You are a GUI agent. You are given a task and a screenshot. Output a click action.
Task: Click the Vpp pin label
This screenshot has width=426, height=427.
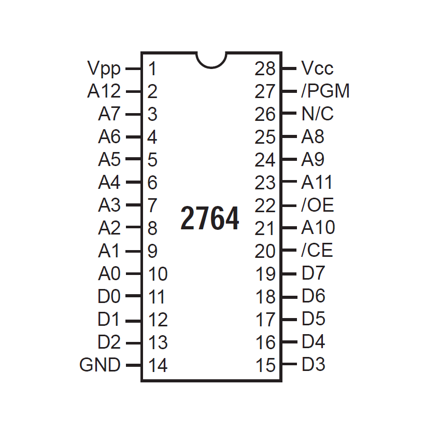click(x=104, y=68)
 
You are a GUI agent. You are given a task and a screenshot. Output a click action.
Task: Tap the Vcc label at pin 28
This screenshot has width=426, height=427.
click(x=317, y=68)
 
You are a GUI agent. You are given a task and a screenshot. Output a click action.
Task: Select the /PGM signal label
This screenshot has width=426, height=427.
click(x=325, y=91)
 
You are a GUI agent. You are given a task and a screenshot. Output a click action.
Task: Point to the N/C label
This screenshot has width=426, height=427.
click(x=317, y=113)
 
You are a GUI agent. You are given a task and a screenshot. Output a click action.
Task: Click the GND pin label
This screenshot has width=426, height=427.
click(x=100, y=365)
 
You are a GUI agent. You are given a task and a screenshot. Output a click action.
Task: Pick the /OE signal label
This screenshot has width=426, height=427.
click(x=318, y=205)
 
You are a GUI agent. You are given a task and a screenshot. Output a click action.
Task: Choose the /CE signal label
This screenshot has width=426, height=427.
click(x=317, y=250)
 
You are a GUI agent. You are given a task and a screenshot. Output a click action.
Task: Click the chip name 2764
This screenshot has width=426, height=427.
click(x=210, y=218)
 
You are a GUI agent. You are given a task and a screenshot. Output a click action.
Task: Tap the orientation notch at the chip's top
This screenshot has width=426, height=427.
click(x=211, y=60)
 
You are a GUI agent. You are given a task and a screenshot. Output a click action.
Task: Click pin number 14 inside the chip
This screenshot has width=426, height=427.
click(x=158, y=365)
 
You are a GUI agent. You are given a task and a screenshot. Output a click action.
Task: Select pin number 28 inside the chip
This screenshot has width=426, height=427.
click(x=265, y=68)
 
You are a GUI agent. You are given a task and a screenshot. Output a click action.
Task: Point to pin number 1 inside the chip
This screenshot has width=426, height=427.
click(x=152, y=68)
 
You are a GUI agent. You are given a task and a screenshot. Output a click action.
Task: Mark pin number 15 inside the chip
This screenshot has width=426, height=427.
click(x=265, y=365)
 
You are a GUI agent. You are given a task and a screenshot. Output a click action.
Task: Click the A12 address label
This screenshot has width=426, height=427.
click(x=104, y=91)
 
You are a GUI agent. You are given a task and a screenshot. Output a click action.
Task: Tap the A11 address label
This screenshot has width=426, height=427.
click(x=317, y=182)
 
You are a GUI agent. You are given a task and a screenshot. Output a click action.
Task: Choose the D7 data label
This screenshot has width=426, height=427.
click(x=313, y=272)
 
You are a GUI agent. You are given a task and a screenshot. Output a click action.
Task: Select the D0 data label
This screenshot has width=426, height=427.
click(x=109, y=296)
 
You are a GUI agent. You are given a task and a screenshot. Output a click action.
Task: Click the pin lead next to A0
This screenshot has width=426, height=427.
click(x=134, y=273)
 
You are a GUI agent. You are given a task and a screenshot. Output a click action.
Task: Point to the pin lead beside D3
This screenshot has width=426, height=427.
click(x=289, y=364)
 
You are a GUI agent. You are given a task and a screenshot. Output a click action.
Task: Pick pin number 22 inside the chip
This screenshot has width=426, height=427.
click(x=265, y=205)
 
